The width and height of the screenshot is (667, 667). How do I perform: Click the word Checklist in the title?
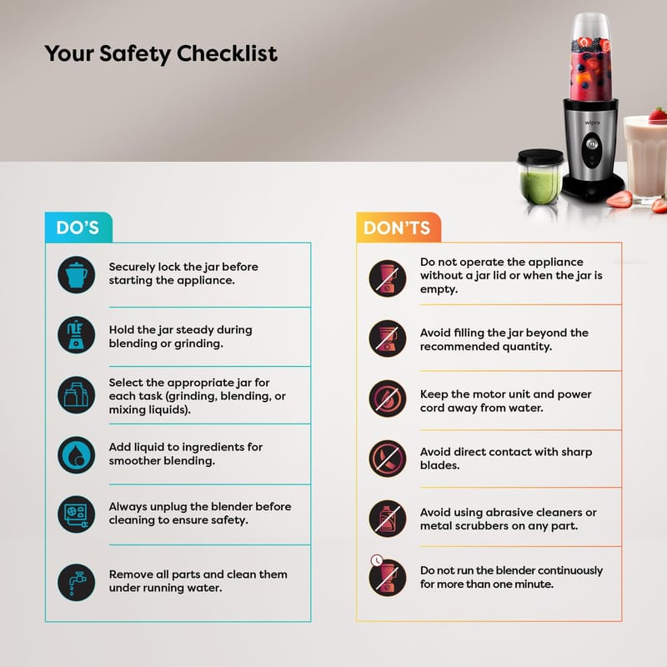point(227,53)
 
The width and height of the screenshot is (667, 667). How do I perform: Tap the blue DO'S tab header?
point(78,228)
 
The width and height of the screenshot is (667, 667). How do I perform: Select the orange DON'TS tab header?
point(399,228)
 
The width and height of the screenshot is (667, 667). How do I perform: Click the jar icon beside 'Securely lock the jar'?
point(77,275)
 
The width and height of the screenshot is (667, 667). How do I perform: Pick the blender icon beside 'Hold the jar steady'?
point(77,335)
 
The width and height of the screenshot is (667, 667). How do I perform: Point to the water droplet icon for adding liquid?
point(77,454)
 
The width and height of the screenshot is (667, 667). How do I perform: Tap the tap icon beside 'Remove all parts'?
point(77,582)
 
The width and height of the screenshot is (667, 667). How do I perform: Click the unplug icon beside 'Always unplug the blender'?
point(77,514)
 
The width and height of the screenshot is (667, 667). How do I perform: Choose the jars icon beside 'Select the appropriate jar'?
point(77,394)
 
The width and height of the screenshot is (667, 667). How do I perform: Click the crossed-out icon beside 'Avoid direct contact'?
point(388,459)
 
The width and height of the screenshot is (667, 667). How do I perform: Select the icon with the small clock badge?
point(387,575)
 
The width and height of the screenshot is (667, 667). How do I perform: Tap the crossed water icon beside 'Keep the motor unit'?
point(388,399)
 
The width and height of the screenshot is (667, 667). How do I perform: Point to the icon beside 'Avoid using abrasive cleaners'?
point(388,519)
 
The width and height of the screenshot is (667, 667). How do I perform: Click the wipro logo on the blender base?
point(592,123)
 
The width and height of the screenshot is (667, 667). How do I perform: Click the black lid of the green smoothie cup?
point(540,156)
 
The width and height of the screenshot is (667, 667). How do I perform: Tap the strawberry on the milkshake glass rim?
point(658,114)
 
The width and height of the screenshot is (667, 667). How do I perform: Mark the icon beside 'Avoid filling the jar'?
point(388,339)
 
